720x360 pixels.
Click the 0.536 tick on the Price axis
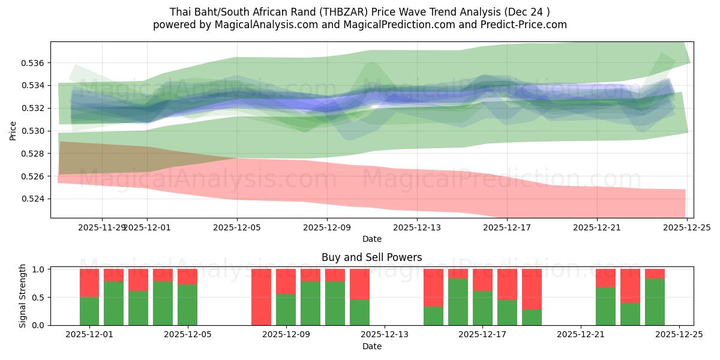click(x=33, y=63)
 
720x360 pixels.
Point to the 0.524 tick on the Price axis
click(x=33, y=199)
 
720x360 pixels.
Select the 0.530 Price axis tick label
click(x=33, y=131)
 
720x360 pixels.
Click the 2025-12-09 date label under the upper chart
click(x=327, y=228)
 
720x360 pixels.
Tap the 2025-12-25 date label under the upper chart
click(x=687, y=228)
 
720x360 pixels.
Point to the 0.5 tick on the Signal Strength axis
click(x=40, y=298)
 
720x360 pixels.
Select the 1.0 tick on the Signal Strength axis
click(x=40, y=269)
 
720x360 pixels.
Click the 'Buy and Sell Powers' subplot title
click(x=371, y=257)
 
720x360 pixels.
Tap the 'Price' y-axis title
click(x=13, y=130)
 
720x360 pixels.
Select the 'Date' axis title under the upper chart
click(x=371, y=239)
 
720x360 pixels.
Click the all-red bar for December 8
click(x=261, y=297)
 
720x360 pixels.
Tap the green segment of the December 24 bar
click(x=655, y=302)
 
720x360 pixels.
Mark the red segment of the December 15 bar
click(x=433, y=287)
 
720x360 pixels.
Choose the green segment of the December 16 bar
click(x=458, y=302)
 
